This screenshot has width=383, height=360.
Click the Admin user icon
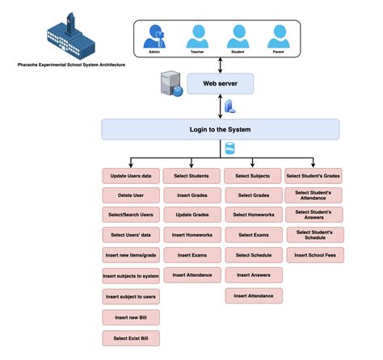click(x=155, y=36)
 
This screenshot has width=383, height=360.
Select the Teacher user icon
click(x=196, y=36)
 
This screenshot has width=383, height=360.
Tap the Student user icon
click(x=237, y=36)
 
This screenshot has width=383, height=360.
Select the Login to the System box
click(x=220, y=129)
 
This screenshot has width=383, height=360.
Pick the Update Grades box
click(x=191, y=216)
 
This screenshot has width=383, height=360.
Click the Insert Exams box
click(x=191, y=256)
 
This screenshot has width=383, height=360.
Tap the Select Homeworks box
click(x=253, y=216)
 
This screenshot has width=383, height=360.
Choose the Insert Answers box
click(x=253, y=276)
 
